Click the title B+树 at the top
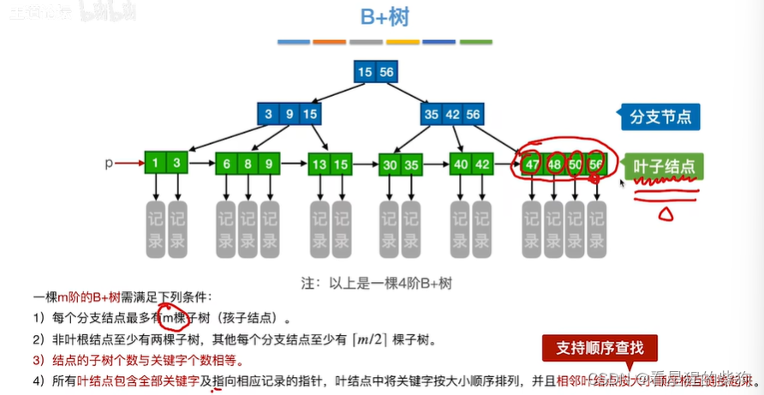(x=382, y=18)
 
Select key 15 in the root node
(x=366, y=72)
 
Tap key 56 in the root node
(x=386, y=72)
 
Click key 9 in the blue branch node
(x=289, y=114)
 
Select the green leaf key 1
(x=154, y=163)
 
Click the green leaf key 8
(x=248, y=163)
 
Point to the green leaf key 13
(x=319, y=163)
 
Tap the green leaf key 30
(x=390, y=163)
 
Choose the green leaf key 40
(x=461, y=163)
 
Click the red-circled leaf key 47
(x=533, y=163)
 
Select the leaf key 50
(x=575, y=163)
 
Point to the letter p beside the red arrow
(x=109, y=162)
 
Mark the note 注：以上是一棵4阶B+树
(x=383, y=280)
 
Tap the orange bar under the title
(x=329, y=41)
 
